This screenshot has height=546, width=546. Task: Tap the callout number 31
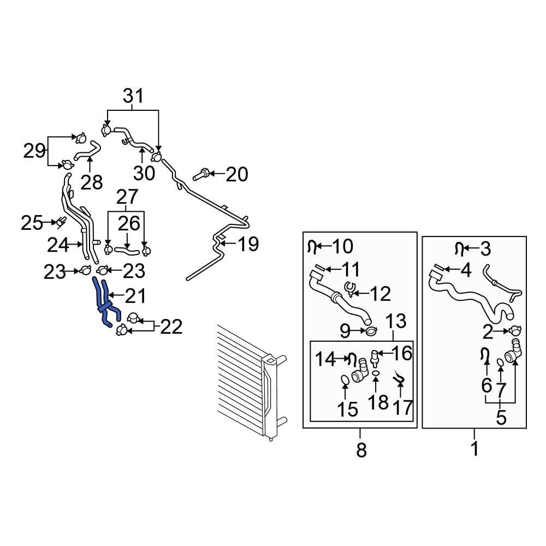pyautogui.click(x=133, y=96)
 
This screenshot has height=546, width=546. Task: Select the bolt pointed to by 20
pyautogui.click(x=200, y=175)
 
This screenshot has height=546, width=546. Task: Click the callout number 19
pyautogui.click(x=248, y=244)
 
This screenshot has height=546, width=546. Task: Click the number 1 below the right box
pyautogui.click(x=474, y=449)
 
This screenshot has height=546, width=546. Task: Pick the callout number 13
pyautogui.click(x=397, y=322)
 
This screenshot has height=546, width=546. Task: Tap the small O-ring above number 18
pyautogui.click(x=376, y=373)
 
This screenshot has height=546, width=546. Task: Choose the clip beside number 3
pyautogui.click(x=460, y=249)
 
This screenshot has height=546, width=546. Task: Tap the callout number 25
pyautogui.click(x=32, y=222)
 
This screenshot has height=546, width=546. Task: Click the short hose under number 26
pyautogui.click(x=126, y=251)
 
